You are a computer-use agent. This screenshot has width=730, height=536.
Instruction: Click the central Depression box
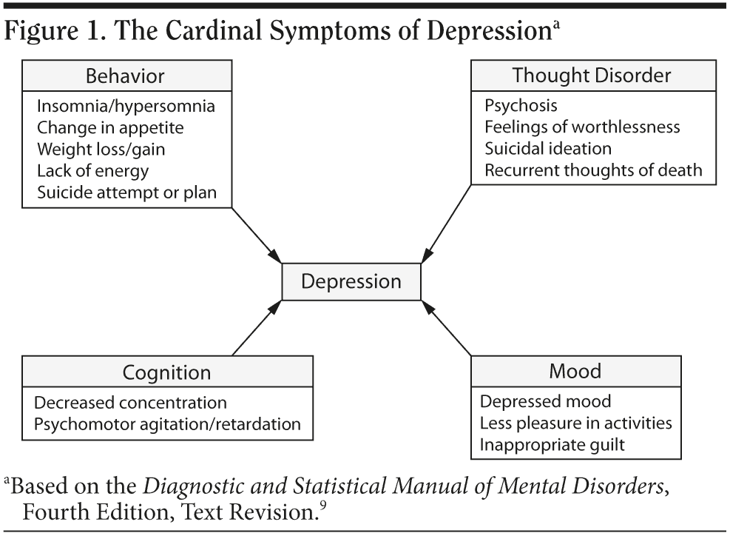[x=351, y=281]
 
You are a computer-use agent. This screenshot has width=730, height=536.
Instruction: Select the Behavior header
[x=125, y=76]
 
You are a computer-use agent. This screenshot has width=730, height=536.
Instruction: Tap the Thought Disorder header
[x=592, y=76]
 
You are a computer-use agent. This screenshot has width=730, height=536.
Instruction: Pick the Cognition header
[x=167, y=372]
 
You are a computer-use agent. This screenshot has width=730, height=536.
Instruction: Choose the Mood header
[x=575, y=372]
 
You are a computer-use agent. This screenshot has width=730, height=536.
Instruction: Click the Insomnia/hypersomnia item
[x=126, y=106]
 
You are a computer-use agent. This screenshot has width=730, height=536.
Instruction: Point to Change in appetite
[x=110, y=127]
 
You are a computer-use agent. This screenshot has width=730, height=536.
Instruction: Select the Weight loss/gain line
[x=101, y=149]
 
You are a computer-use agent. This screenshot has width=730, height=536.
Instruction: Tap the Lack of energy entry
[x=92, y=170]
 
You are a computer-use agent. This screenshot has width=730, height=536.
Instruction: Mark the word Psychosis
[x=521, y=105]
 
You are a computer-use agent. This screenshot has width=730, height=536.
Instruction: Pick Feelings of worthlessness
[x=582, y=127]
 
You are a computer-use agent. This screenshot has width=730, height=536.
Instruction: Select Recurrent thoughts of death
[x=593, y=170]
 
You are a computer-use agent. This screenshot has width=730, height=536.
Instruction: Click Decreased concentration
[x=130, y=403]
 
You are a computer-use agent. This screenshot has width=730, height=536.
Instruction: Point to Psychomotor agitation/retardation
[x=168, y=424]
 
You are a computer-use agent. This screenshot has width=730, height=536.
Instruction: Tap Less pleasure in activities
[x=575, y=423]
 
